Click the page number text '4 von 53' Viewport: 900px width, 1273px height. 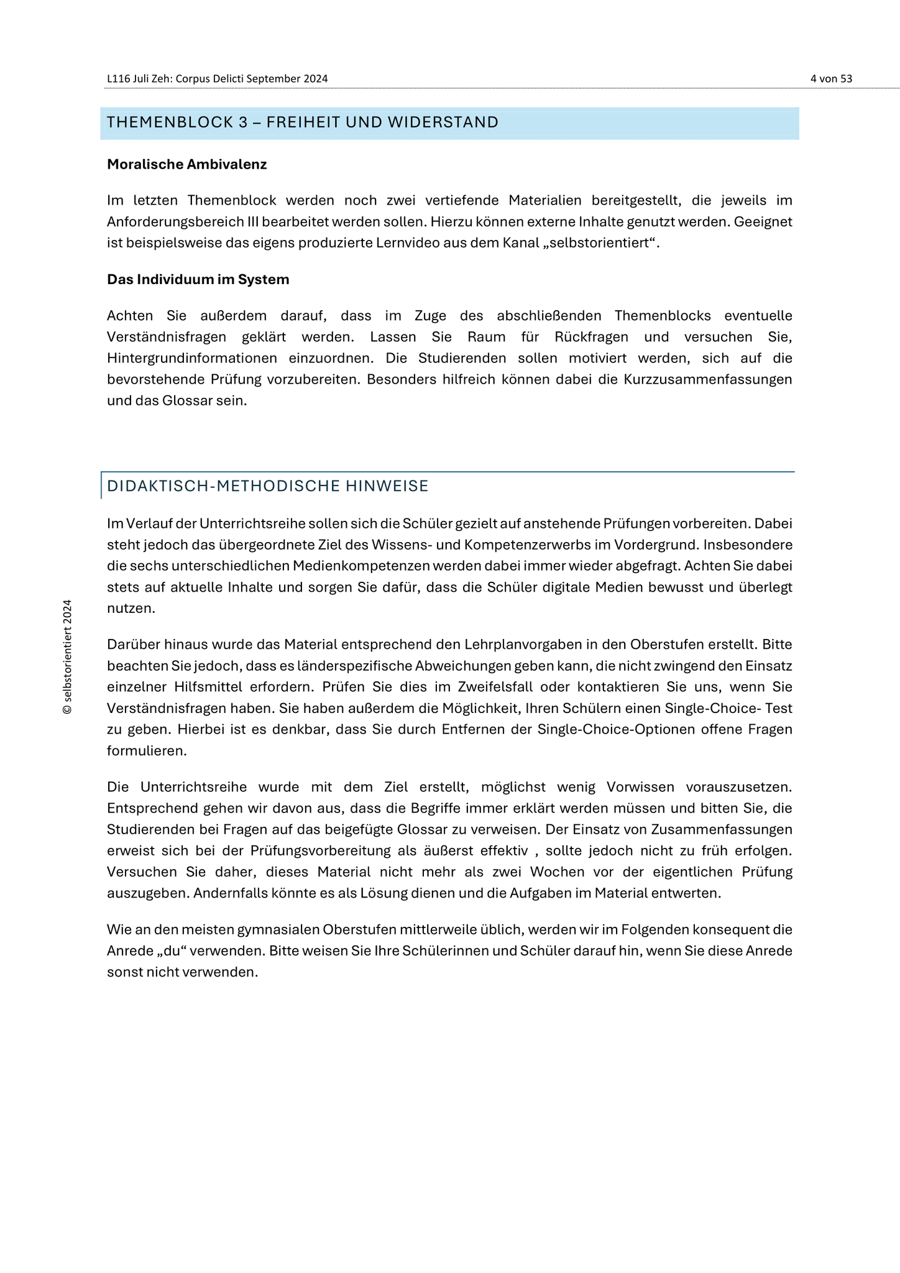[831, 78]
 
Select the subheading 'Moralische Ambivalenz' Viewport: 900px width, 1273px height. [186, 164]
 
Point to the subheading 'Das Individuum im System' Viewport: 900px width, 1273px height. [198, 279]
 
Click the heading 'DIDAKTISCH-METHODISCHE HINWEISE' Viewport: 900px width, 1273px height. [267, 486]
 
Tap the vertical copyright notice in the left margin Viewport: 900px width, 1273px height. [68, 657]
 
